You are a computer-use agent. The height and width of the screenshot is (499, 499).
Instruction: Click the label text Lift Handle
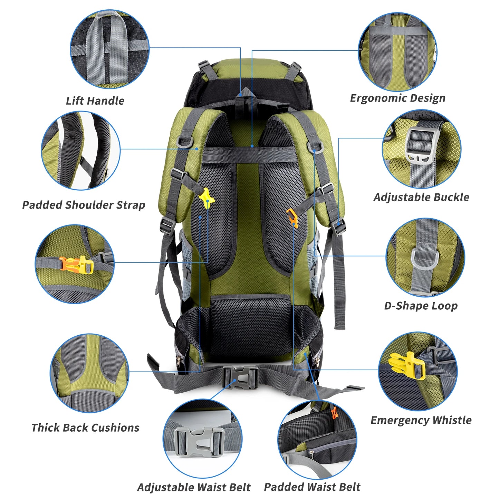[95, 101]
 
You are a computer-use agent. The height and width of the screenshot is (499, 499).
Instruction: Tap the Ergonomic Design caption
[397, 98]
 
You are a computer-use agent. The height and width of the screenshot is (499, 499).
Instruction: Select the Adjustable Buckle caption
[421, 197]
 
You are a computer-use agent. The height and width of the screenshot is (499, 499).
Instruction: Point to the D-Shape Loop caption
[421, 306]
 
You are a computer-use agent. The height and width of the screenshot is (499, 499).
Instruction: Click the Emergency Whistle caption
[421, 420]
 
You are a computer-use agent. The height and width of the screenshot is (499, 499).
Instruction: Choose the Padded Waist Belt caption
[312, 487]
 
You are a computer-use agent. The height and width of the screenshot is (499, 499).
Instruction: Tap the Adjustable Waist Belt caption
[194, 487]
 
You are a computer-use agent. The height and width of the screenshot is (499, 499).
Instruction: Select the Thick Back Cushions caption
[85, 428]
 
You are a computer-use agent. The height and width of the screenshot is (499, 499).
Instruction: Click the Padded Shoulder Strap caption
[84, 205]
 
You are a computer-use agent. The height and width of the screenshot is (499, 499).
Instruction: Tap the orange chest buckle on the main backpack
[291, 218]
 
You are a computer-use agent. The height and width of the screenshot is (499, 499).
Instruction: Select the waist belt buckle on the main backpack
[240, 378]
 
